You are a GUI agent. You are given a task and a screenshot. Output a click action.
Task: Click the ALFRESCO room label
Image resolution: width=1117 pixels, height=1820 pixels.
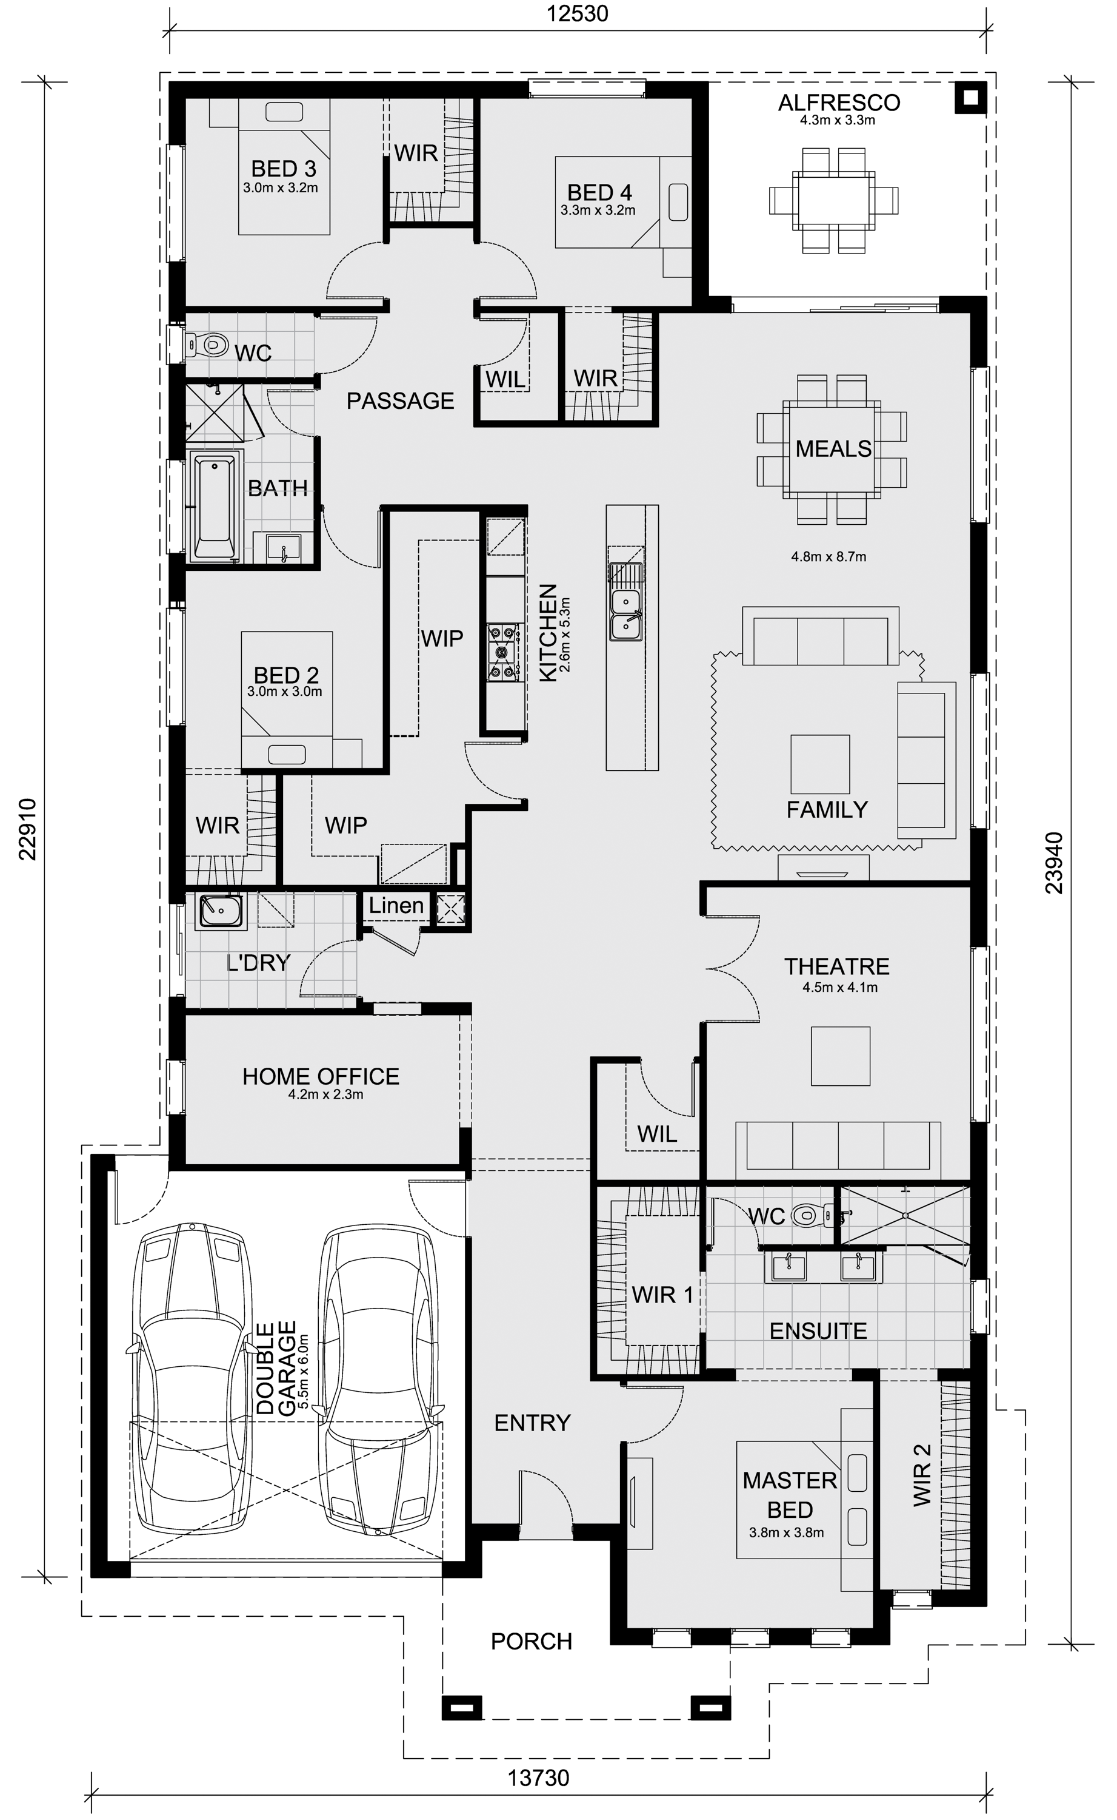click(839, 102)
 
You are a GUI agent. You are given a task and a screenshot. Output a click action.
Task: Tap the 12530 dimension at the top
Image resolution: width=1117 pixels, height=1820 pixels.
click(577, 13)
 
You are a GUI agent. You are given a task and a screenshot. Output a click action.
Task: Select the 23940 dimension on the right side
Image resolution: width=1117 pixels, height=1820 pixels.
click(1054, 863)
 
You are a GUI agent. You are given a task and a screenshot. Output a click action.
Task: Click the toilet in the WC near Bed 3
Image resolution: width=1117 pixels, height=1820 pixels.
click(207, 343)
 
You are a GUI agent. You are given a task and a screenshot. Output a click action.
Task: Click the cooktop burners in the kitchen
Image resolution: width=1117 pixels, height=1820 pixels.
click(502, 652)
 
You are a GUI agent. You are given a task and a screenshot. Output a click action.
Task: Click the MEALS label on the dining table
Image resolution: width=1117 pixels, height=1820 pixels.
click(833, 449)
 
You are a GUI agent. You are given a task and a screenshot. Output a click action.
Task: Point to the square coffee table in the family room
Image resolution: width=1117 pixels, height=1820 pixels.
click(820, 764)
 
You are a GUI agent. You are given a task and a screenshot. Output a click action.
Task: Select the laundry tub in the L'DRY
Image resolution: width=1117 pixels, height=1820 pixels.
click(219, 911)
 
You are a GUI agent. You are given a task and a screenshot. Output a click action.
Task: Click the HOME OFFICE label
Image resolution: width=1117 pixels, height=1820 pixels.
click(321, 1076)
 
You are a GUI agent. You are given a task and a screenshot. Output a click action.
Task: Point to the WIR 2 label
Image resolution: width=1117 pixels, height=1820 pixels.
click(922, 1475)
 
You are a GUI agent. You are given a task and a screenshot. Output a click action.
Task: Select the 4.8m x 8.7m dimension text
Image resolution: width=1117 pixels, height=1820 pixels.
click(828, 557)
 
